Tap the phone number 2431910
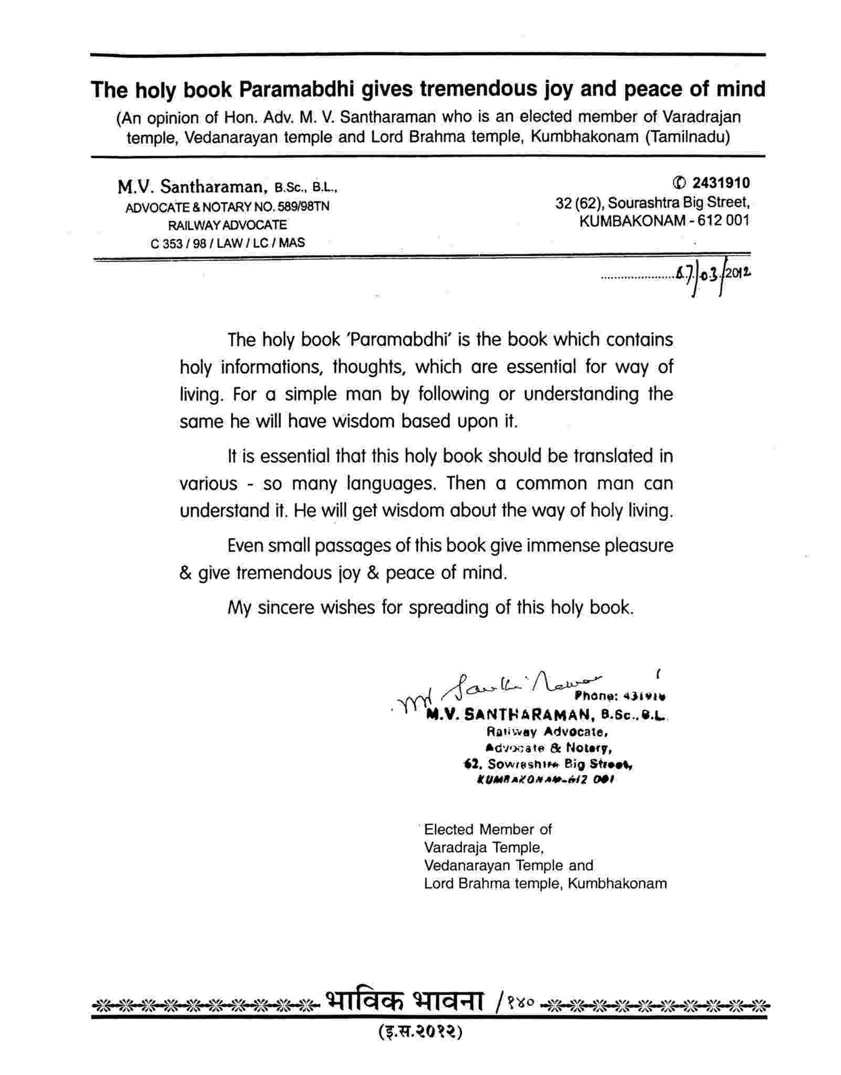721,183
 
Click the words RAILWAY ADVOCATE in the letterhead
227,225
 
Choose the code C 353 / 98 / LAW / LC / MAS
227,243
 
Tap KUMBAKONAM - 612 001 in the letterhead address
664,220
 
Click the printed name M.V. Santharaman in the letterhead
190,187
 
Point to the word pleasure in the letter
638,546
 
